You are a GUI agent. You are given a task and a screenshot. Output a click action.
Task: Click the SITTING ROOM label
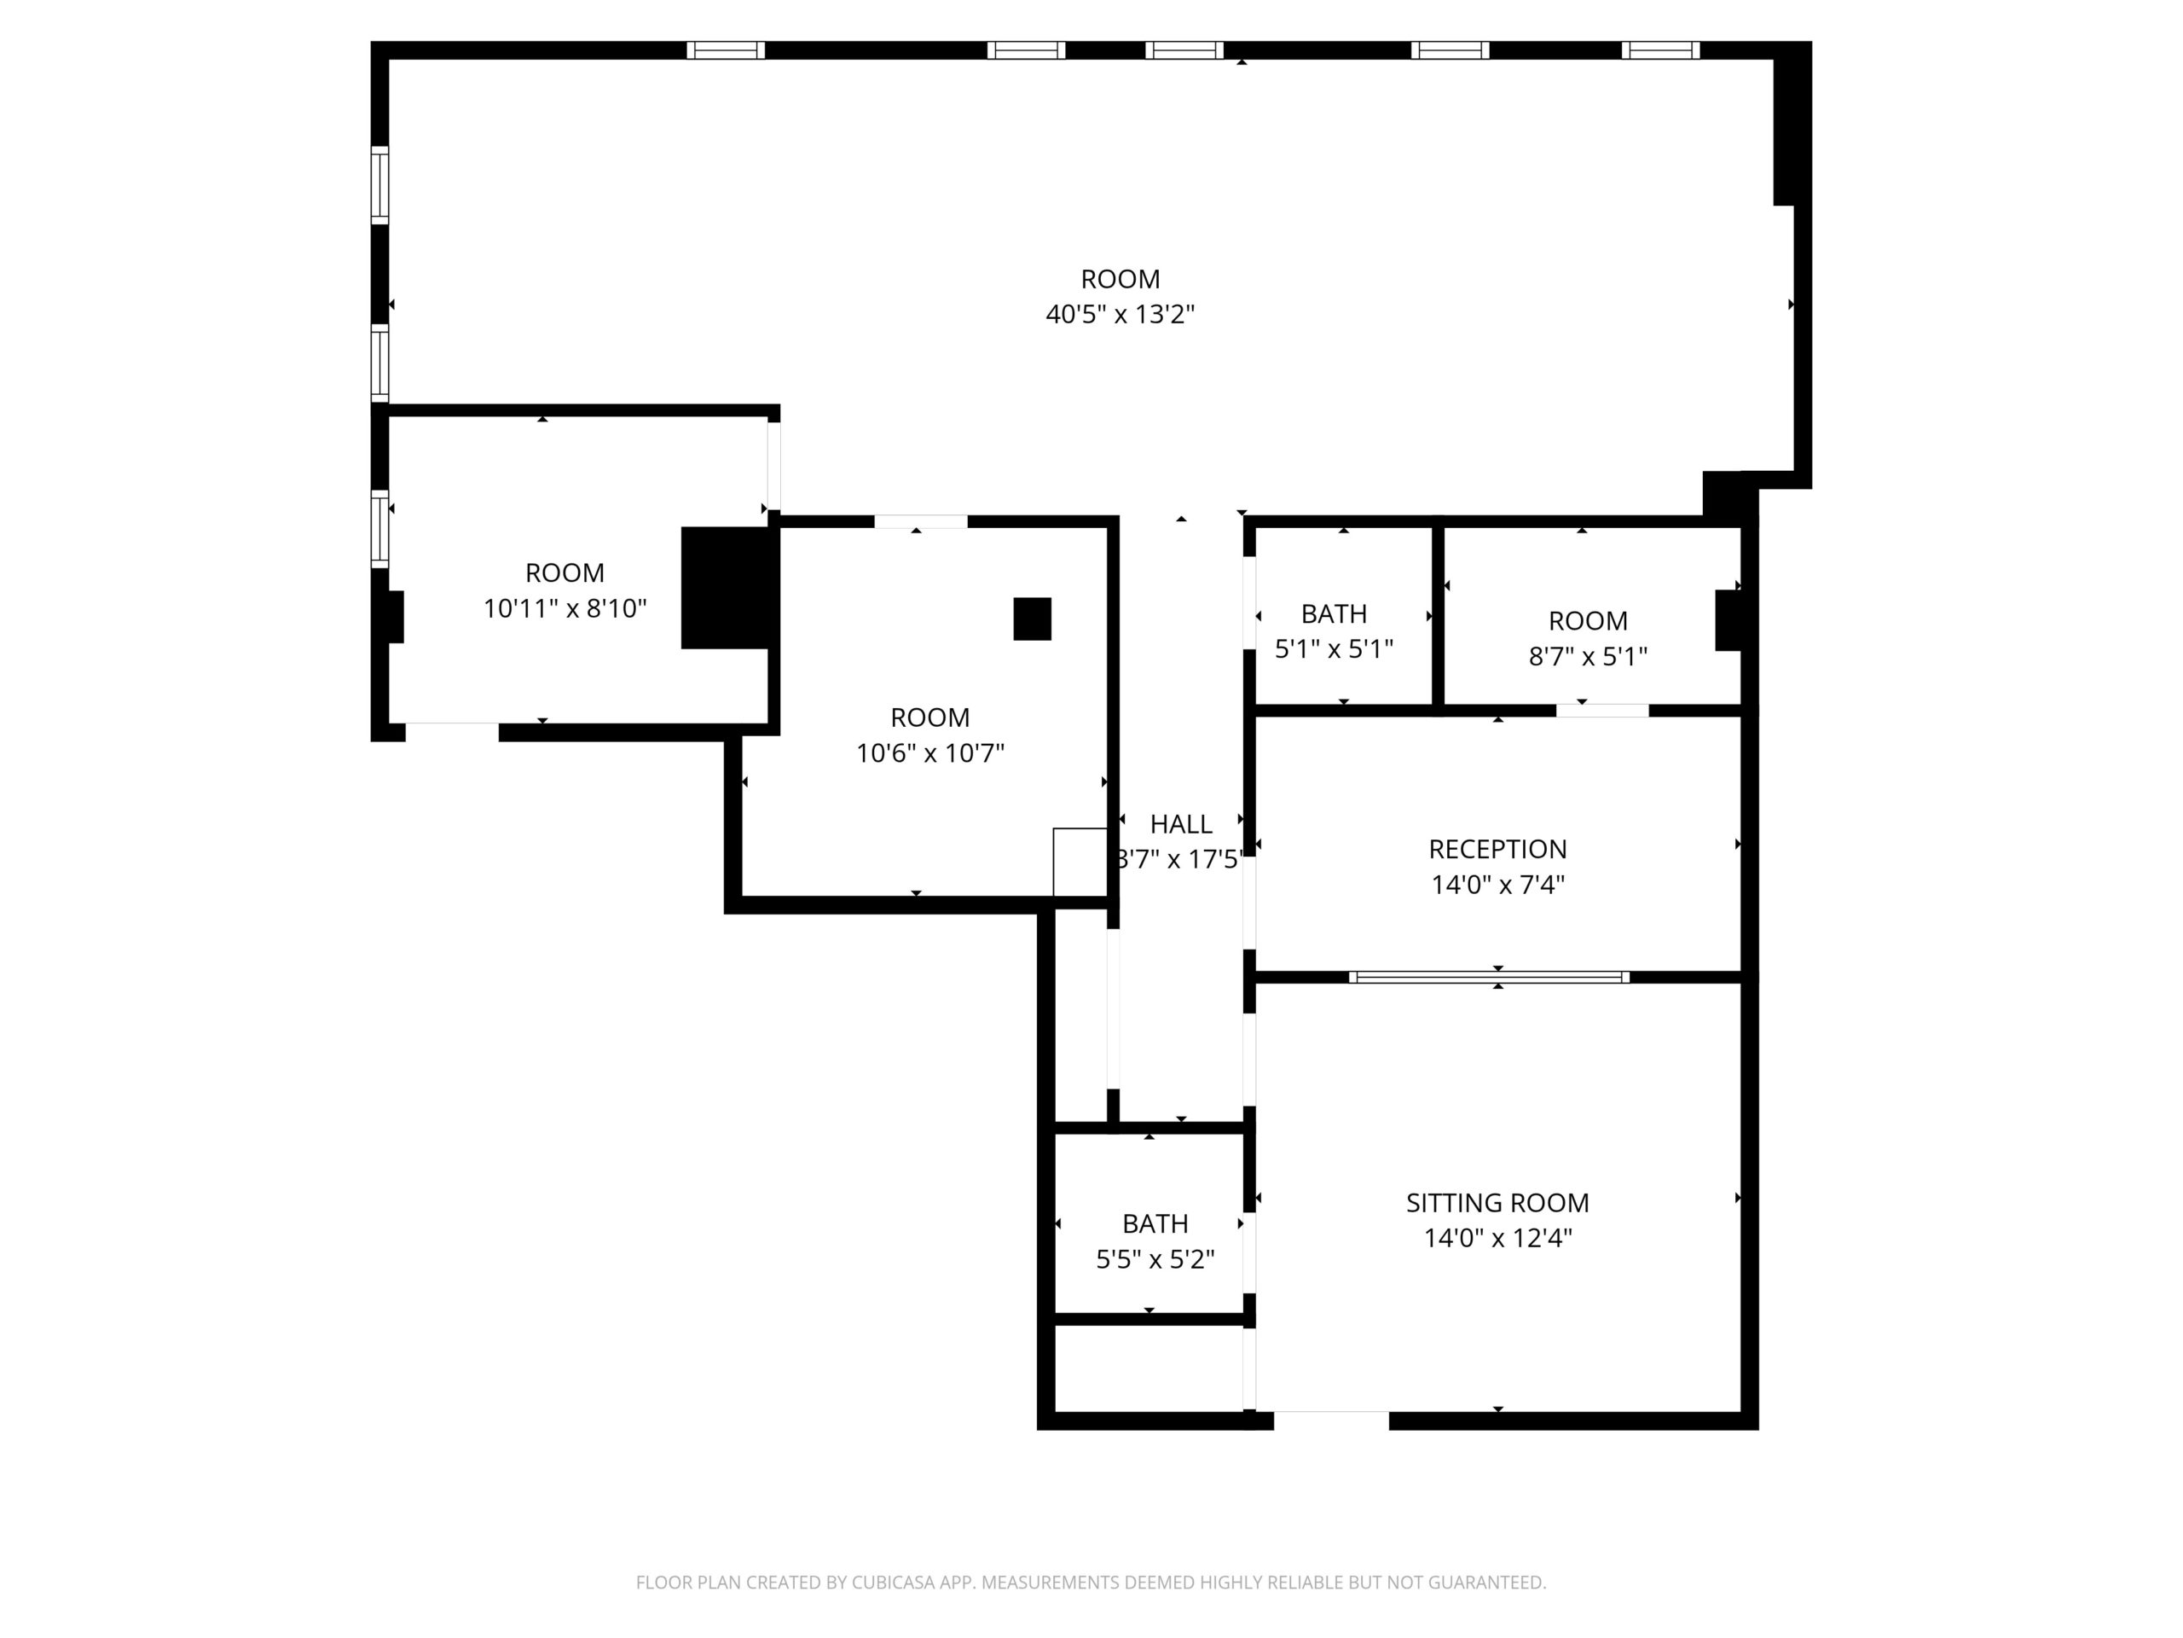coord(1497,1203)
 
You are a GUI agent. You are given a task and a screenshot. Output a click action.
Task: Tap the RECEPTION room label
coord(1497,849)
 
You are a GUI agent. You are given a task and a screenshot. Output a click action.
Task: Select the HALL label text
coord(1180,823)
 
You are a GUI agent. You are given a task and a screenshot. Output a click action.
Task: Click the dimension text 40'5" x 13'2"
coord(1120,314)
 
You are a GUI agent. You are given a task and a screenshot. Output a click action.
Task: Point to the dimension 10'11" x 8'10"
coord(565,608)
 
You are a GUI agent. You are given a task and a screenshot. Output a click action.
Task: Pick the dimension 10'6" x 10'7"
coord(929,753)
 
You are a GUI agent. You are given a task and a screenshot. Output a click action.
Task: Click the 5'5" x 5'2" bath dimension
coord(1155,1260)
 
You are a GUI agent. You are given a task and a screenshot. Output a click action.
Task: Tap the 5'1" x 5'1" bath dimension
coord(1335,648)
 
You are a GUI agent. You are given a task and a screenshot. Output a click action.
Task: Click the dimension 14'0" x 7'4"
coord(1497,885)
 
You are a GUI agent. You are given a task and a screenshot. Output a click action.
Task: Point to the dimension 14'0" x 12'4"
coord(1497,1238)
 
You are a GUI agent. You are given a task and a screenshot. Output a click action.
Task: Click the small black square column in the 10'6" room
coord(1033,619)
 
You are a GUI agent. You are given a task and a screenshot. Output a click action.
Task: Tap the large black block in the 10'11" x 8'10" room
coord(726,589)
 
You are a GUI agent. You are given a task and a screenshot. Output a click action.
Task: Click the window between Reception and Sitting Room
coord(1489,978)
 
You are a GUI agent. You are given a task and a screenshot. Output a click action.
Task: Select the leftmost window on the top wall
coord(726,50)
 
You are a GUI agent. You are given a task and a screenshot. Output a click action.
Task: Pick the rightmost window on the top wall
coord(1660,50)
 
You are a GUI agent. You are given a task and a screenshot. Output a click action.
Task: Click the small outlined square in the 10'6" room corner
coord(1080,862)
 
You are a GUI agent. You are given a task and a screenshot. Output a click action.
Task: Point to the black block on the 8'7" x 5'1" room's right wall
coord(1727,620)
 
